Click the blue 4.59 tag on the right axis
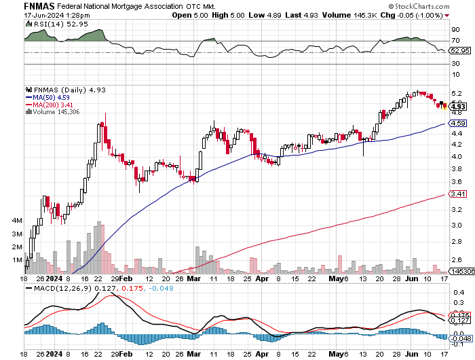pos(457,123)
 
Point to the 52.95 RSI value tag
pos(459,50)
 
